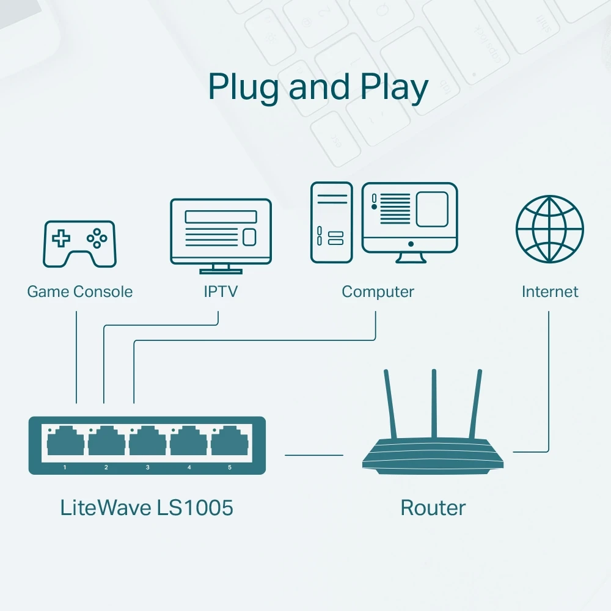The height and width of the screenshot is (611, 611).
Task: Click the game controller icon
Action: [x=79, y=243]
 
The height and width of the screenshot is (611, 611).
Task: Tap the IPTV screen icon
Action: [x=221, y=231]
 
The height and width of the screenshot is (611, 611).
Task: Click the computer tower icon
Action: [x=331, y=222]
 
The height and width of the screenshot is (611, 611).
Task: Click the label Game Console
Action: [x=79, y=291]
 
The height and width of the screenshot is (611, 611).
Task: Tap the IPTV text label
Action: [x=220, y=291]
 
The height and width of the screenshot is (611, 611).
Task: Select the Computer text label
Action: [x=378, y=291]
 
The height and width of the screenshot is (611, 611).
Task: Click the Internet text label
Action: [x=549, y=291]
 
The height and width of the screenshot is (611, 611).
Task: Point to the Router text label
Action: [x=433, y=507]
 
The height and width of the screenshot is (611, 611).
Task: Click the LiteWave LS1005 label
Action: [x=147, y=507]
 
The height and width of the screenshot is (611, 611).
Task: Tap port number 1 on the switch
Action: [x=65, y=441]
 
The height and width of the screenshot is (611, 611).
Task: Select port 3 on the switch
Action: [x=147, y=441]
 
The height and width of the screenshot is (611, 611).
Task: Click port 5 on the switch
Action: [x=230, y=441]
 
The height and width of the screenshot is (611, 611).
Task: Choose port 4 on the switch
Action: [x=189, y=441]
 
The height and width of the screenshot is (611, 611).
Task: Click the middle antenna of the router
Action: [x=434, y=403]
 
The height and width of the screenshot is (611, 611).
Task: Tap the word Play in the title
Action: [x=393, y=87]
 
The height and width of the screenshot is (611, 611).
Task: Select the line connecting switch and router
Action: [x=314, y=455]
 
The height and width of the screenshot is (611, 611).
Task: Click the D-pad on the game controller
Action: [x=60, y=238]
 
